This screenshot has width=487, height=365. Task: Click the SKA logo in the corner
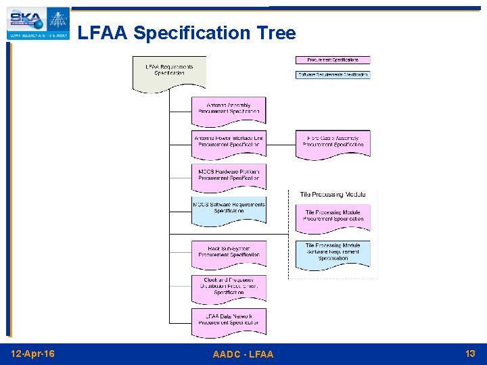38,24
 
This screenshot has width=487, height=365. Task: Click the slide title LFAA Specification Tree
187,32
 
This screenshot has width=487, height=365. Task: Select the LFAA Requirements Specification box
169,71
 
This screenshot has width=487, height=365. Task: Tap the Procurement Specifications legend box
333,60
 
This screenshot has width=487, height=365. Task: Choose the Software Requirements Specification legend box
333,74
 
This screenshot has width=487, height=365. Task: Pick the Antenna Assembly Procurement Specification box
229,109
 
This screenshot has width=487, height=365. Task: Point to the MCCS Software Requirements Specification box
229,209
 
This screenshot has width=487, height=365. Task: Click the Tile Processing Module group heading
332,195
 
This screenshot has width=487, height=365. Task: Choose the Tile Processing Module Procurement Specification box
333,216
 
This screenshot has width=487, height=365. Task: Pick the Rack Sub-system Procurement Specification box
229,252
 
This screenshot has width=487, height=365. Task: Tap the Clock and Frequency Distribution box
229,286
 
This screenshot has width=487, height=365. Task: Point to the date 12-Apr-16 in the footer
34,354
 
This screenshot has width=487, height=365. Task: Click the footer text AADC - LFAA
243,354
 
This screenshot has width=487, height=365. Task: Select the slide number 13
470,354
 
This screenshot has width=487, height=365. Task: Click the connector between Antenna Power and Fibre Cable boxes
281,142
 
